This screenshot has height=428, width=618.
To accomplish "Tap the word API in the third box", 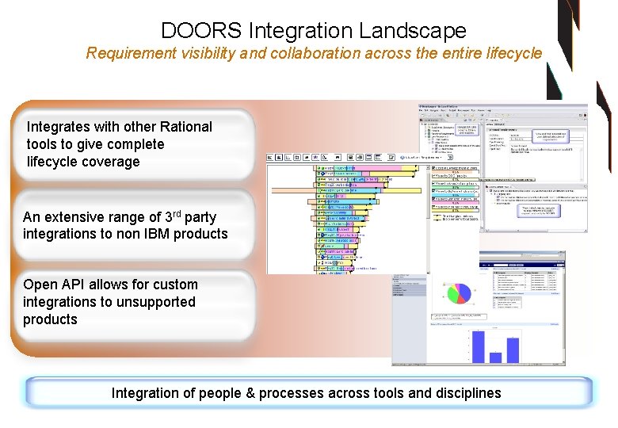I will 71,285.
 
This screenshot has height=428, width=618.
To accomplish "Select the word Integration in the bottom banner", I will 144,393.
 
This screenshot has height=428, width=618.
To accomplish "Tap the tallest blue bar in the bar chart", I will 478,346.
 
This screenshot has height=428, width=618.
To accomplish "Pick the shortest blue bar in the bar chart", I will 495,357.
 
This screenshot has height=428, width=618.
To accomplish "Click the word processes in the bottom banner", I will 305,393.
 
